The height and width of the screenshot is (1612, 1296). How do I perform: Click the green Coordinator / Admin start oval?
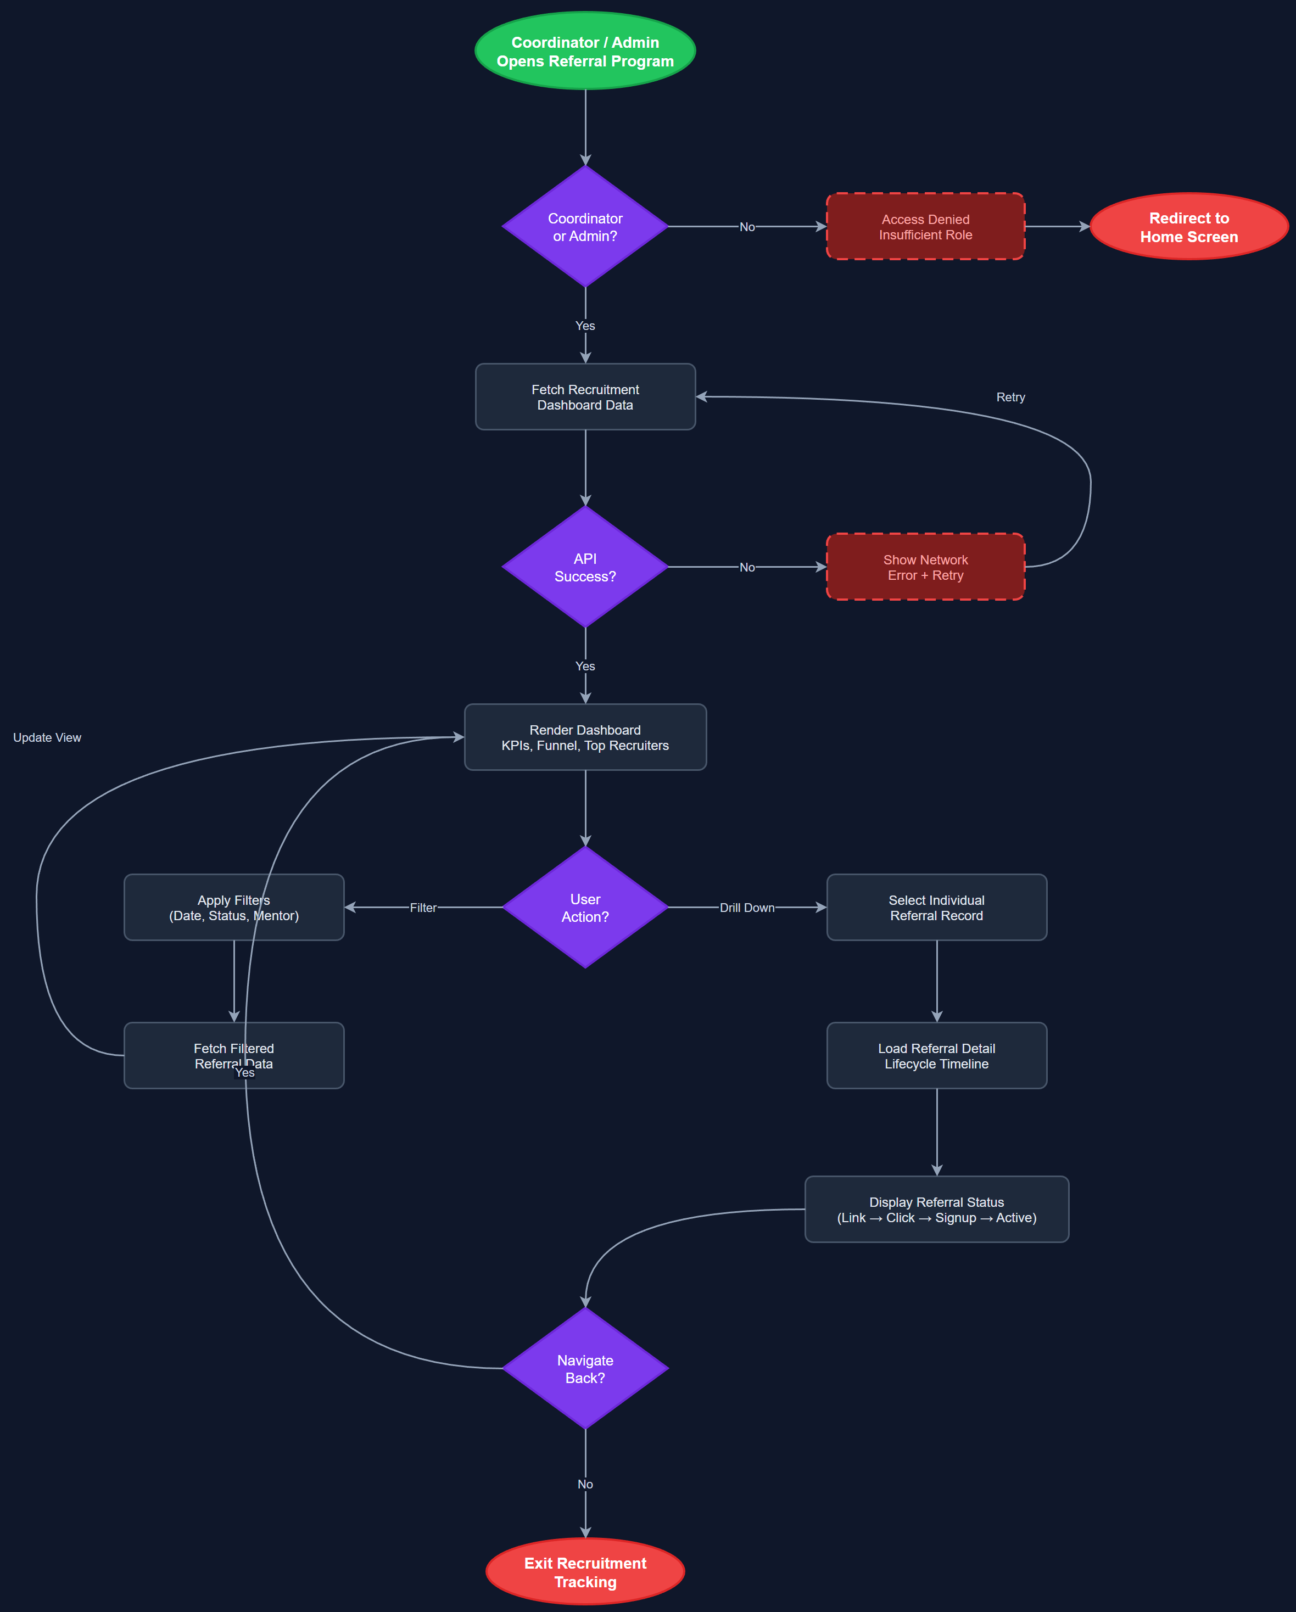tap(585, 51)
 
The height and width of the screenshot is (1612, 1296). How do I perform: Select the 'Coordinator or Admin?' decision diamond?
tap(585, 227)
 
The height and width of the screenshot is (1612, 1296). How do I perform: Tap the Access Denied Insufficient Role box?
tap(925, 227)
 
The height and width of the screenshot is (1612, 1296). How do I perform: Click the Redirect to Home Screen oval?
tap(1188, 227)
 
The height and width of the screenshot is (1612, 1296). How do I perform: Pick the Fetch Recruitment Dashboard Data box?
tap(585, 397)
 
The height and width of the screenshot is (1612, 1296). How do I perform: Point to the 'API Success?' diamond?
tap(585, 567)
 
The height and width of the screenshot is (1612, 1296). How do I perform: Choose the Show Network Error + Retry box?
tap(925, 567)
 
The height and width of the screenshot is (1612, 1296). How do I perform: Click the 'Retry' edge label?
tap(1010, 397)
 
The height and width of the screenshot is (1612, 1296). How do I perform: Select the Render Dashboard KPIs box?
tap(585, 737)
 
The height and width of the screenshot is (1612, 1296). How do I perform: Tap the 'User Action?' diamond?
tap(585, 907)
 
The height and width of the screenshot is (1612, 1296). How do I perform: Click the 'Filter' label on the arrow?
tap(422, 907)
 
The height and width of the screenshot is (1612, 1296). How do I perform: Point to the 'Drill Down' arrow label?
tap(746, 907)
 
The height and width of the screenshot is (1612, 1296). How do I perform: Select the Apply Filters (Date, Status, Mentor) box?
tap(233, 907)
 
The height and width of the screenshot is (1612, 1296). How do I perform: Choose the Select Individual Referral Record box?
tap(936, 907)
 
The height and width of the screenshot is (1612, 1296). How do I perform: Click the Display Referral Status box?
tap(936, 1209)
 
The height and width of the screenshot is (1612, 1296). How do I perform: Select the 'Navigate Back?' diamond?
tap(585, 1368)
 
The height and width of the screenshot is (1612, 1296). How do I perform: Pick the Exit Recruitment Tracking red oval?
tap(585, 1571)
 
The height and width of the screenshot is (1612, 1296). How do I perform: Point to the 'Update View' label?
tap(47, 737)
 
